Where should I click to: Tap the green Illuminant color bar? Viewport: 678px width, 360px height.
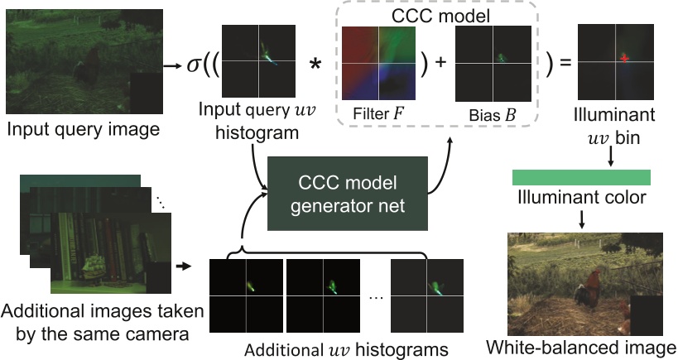pyautogui.click(x=581, y=177)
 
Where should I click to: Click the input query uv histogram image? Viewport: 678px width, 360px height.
pyautogui.click(x=258, y=61)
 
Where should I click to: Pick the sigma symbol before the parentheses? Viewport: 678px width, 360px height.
pyautogui.click(x=195, y=63)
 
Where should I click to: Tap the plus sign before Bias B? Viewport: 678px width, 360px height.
pyautogui.click(x=440, y=63)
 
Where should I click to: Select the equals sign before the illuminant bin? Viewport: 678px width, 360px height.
pyautogui.click(x=567, y=63)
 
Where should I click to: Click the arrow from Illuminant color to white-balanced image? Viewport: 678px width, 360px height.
pyautogui.click(x=581, y=218)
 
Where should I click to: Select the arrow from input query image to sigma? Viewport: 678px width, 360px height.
pyautogui.click(x=171, y=65)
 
